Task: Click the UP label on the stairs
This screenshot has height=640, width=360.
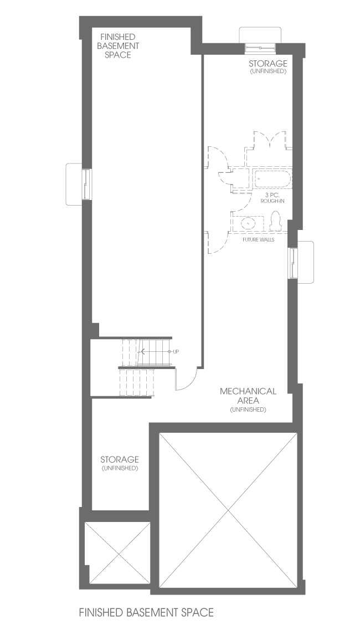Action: click(x=176, y=351)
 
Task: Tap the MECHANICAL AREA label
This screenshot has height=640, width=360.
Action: click(x=248, y=396)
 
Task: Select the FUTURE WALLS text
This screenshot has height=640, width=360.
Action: click(x=258, y=239)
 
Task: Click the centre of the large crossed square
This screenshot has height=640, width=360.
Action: click(x=228, y=510)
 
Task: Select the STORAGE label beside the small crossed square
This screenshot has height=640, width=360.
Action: click(x=120, y=460)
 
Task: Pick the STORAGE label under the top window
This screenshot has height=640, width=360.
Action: click(x=268, y=64)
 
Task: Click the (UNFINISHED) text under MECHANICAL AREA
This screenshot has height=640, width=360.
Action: click(x=248, y=409)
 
